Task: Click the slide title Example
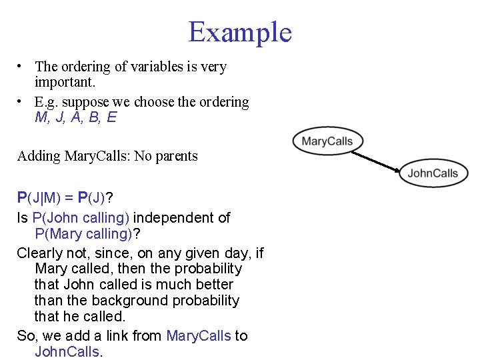[x=240, y=32]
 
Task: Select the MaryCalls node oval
[x=327, y=141]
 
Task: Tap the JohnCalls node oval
[x=433, y=173]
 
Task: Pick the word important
[x=65, y=83]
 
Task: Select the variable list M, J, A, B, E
[x=76, y=118]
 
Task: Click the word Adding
[x=39, y=156]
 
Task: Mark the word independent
[x=176, y=217]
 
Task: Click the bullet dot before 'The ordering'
[x=21, y=67]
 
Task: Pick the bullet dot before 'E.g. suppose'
[x=21, y=101]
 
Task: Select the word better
[x=215, y=285]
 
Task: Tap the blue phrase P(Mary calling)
[x=82, y=234]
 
